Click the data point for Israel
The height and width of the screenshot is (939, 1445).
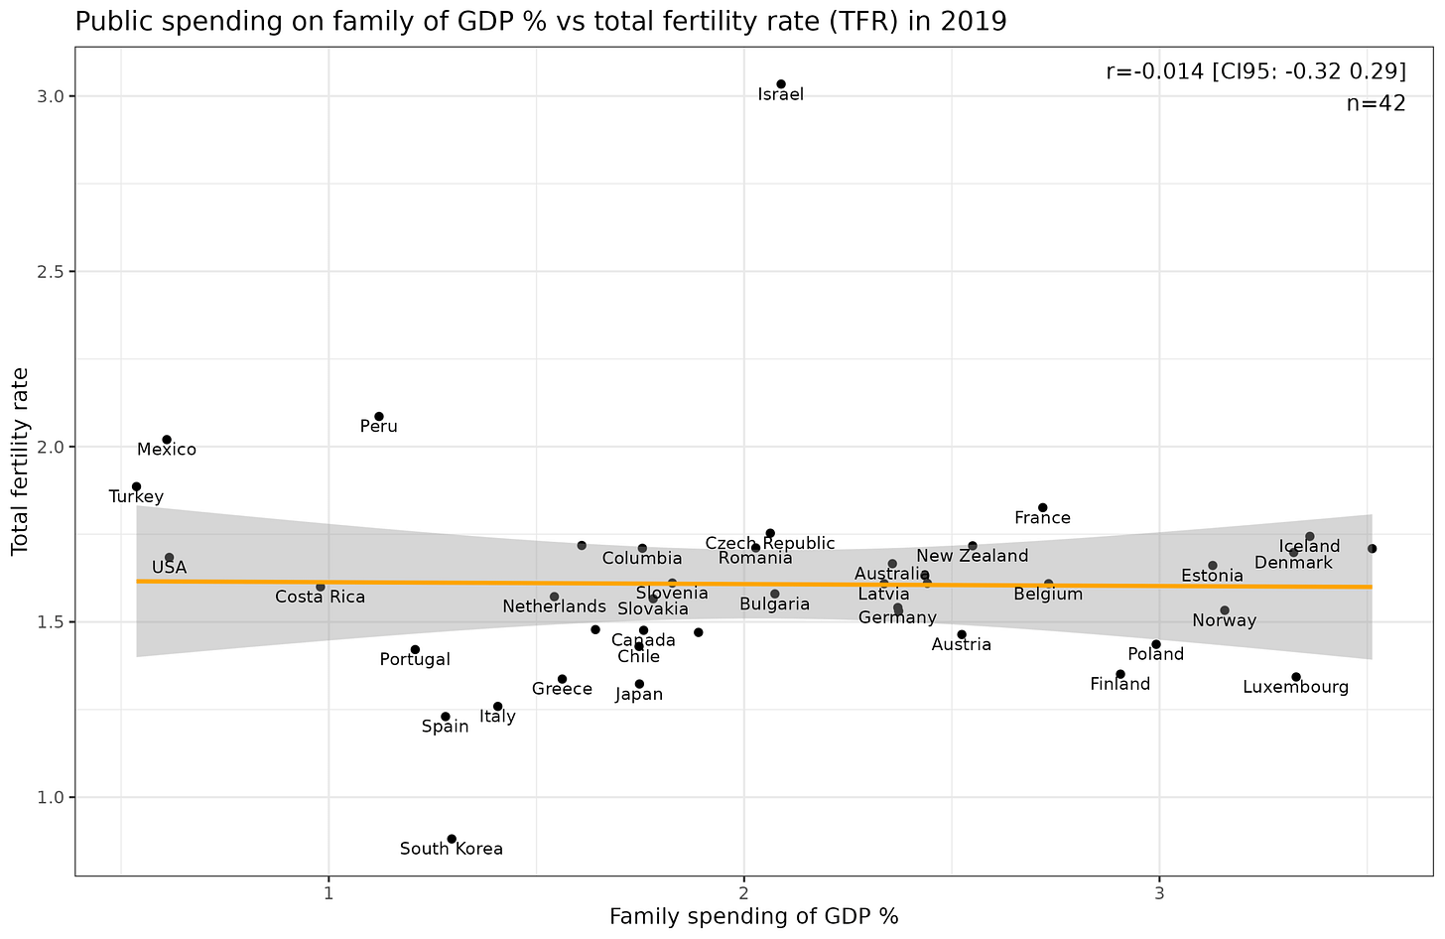(x=781, y=84)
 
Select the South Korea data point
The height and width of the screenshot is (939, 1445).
(x=452, y=839)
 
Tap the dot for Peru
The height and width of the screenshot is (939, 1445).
(x=379, y=417)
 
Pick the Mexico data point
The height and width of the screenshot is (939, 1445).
(x=167, y=440)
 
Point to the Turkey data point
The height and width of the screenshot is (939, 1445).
(x=137, y=486)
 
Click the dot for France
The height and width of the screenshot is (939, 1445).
(x=1043, y=508)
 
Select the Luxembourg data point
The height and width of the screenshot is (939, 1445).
(x=1296, y=677)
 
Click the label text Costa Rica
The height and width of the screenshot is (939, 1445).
(x=320, y=598)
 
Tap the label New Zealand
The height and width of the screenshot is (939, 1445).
(x=973, y=556)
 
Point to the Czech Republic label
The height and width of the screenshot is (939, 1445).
(x=770, y=544)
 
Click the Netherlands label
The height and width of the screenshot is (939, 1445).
(x=554, y=606)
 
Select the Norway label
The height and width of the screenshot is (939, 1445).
(x=1225, y=621)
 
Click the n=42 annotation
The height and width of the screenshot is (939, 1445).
(x=1376, y=103)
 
